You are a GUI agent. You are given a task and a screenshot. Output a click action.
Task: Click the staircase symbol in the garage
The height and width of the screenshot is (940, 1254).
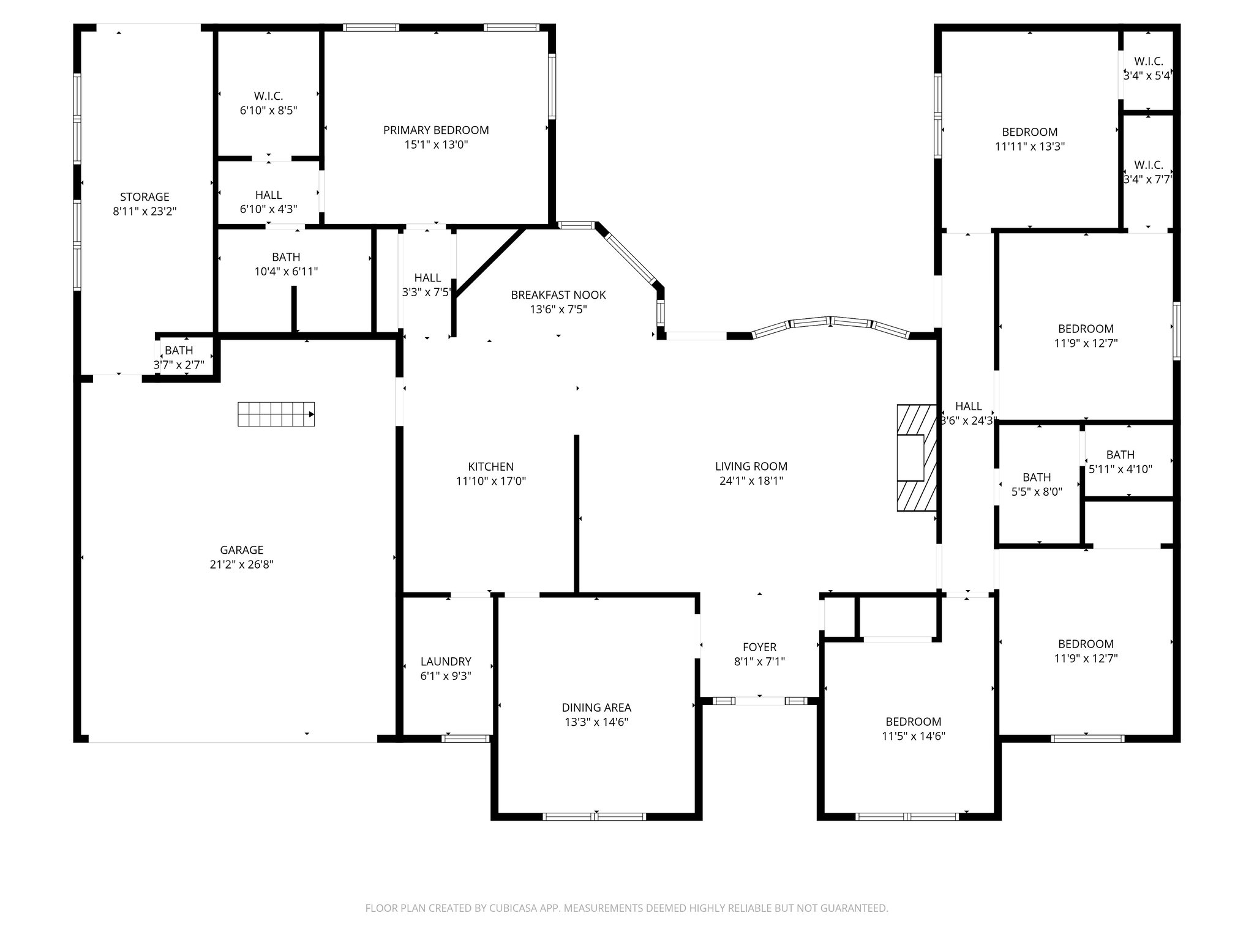[x=276, y=414]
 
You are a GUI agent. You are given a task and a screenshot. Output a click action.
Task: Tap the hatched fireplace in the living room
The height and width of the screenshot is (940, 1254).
[x=917, y=458]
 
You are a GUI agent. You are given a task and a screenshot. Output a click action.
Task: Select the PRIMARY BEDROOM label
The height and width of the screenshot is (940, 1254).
[x=436, y=130]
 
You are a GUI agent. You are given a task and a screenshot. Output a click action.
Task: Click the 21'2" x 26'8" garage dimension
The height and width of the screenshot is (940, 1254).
[x=241, y=564]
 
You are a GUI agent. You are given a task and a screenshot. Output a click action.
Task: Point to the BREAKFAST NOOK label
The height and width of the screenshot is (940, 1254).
[x=558, y=295]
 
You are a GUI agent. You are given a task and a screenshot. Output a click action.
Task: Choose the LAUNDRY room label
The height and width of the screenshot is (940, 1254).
[x=446, y=662]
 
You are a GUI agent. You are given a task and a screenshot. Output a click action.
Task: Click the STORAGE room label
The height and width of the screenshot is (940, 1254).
[x=145, y=197]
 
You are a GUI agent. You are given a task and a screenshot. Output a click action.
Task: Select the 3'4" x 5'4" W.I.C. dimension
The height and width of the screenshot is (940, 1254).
[x=1148, y=76]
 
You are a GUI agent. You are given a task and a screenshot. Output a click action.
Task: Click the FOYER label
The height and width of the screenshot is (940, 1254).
[x=759, y=647]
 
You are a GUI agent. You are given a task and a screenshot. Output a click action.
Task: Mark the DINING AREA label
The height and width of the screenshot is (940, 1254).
[x=596, y=707]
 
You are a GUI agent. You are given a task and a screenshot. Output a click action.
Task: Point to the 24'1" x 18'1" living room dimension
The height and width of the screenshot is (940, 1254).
[x=751, y=481]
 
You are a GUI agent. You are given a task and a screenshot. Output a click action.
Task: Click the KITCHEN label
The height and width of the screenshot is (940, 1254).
[x=491, y=466]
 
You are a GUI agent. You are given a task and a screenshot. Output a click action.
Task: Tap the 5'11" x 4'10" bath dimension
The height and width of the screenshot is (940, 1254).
[x=1120, y=469]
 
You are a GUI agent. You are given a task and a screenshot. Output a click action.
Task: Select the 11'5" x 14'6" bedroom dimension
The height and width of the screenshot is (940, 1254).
[x=913, y=736]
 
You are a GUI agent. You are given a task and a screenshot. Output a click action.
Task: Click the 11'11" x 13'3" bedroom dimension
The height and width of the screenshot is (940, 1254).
[x=1029, y=147]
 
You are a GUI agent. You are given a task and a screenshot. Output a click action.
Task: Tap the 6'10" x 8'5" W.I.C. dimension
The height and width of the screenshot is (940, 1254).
[x=268, y=111]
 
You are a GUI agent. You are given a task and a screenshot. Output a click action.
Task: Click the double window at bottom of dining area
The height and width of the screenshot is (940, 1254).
[x=595, y=816]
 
